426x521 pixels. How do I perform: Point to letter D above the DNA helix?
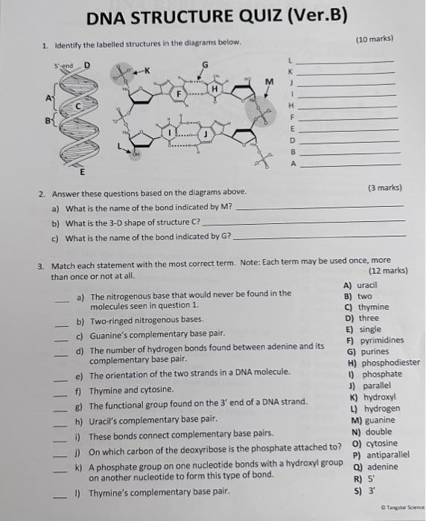coord(86,65)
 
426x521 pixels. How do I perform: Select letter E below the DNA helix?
coord(81,171)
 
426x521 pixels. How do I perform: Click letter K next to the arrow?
coord(147,70)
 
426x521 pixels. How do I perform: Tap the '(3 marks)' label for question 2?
coord(385,188)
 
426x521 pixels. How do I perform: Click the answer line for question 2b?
coord(304,221)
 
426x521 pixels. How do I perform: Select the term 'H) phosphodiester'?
coord(383,363)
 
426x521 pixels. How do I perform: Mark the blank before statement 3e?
coord(63,377)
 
